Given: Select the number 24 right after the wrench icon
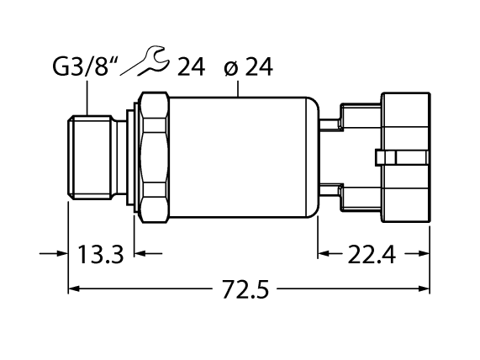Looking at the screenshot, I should [x=193, y=65].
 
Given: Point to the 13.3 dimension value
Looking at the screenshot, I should [x=101, y=252].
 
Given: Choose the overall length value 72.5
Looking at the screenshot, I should [x=247, y=291].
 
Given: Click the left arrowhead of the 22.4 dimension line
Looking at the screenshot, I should [x=324, y=252].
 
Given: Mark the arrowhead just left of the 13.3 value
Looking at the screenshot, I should [x=61, y=252].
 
